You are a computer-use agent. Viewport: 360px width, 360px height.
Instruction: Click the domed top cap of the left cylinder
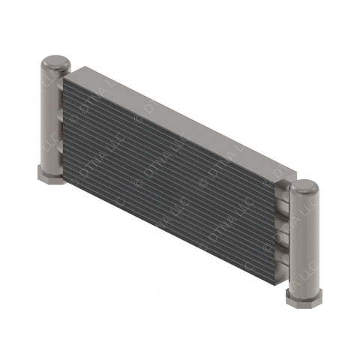click(x=52, y=62)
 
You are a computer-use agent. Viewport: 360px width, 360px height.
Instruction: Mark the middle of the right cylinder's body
click(x=304, y=240)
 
